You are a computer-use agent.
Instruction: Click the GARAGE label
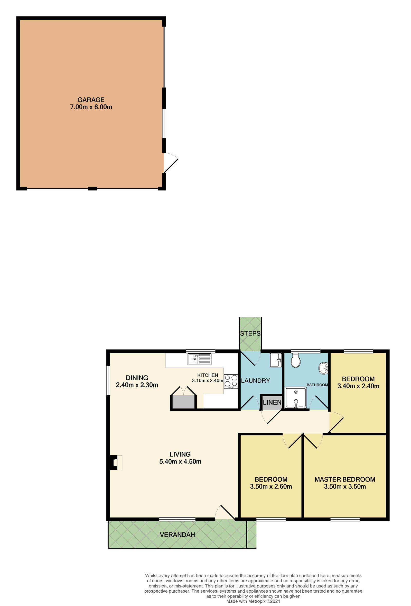91,100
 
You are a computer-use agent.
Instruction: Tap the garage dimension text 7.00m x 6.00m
91,107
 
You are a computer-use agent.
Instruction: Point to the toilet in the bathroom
296,360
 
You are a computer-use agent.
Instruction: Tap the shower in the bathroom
296,398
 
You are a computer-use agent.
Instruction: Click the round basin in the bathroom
323,368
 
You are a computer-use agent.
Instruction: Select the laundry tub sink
276,360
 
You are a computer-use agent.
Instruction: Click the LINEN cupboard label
272,402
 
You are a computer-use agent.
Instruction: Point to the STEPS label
250,333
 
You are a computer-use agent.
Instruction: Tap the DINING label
137,378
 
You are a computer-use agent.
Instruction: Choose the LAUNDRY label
255,380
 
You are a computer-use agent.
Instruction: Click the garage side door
171,163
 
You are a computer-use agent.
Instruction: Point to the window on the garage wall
164,123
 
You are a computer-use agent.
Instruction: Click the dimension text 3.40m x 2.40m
358,386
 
